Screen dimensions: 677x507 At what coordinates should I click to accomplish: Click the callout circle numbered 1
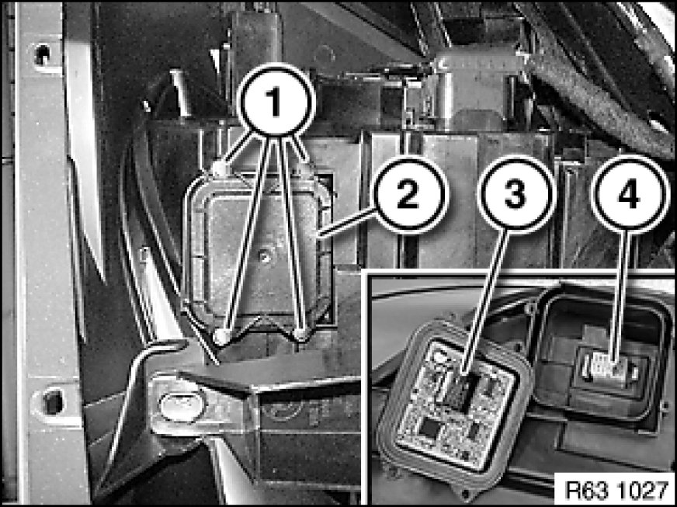click(276, 100)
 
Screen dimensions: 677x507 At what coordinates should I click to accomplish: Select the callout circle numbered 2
click(408, 194)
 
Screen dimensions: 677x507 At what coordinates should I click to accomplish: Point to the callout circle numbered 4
click(630, 194)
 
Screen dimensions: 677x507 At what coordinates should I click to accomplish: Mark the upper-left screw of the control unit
click(220, 168)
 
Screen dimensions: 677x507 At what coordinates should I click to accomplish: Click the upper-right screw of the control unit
click(306, 170)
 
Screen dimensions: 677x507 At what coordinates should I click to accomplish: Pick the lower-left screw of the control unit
click(222, 337)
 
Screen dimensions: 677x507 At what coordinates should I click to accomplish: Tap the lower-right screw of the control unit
click(300, 334)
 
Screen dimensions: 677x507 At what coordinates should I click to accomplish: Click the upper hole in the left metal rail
click(42, 54)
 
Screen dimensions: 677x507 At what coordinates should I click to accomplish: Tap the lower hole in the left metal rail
click(53, 401)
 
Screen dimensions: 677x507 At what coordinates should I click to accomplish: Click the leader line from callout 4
click(622, 297)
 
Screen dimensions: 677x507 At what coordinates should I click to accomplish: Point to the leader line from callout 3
click(484, 303)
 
